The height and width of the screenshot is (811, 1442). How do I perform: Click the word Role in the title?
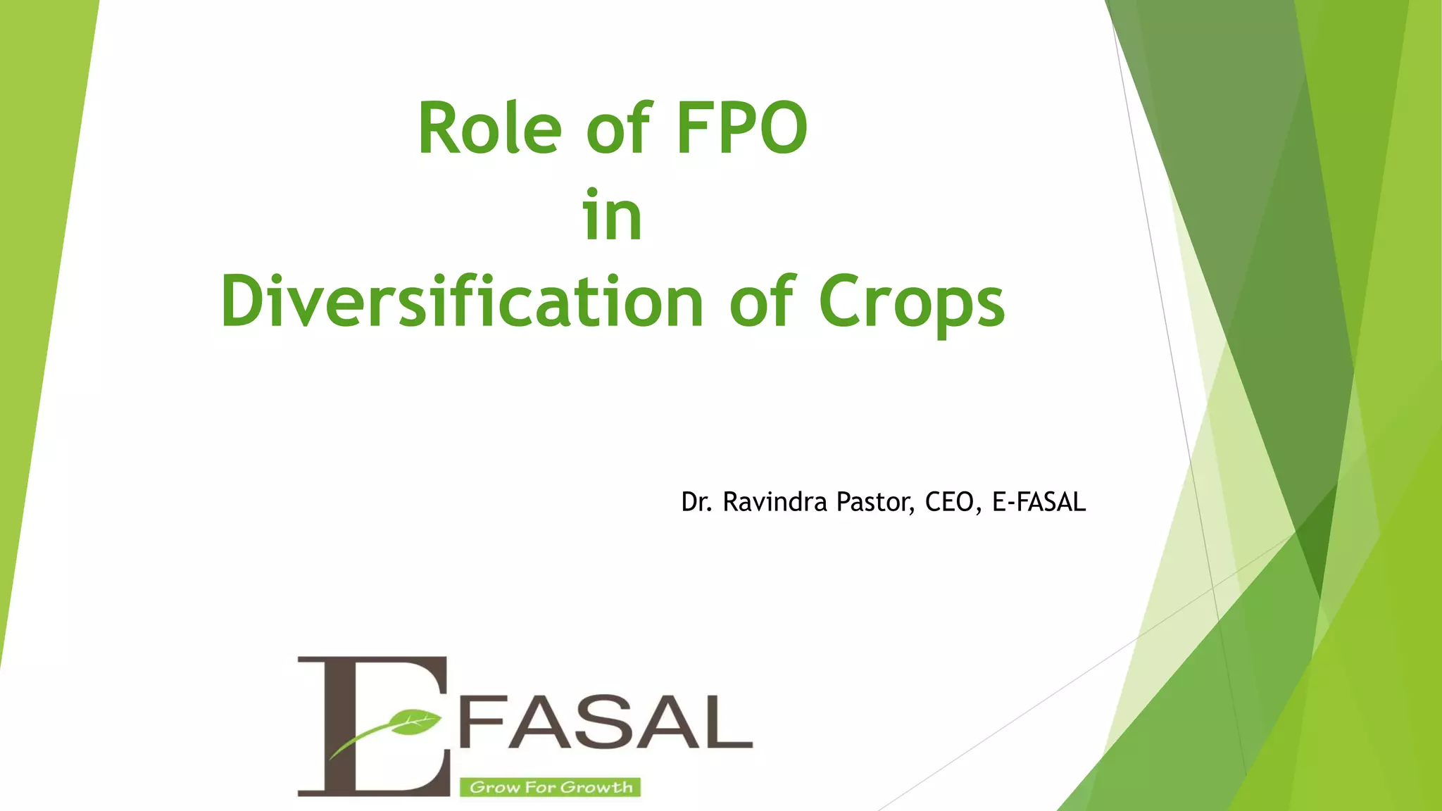(x=490, y=128)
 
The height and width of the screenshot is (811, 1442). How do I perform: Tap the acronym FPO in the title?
(x=742, y=128)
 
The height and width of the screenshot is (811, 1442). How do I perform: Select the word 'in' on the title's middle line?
(x=612, y=215)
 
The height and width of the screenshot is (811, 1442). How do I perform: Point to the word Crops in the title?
(x=912, y=303)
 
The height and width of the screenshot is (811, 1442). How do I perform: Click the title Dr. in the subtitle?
(x=696, y=502)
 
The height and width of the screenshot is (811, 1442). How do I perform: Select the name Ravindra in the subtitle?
(x=775, y=502)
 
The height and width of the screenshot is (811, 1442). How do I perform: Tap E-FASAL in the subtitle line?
(x=1039, y=502)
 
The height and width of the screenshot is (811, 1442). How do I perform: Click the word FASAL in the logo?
(x=606, y=723)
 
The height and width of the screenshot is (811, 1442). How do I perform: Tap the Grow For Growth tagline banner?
(x=550, y=787)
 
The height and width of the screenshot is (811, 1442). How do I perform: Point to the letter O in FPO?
(x=778, y=128)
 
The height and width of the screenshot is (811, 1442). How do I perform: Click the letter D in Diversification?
(x=247, y=301)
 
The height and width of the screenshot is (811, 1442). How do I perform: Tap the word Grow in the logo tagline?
(x=490, y=787)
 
